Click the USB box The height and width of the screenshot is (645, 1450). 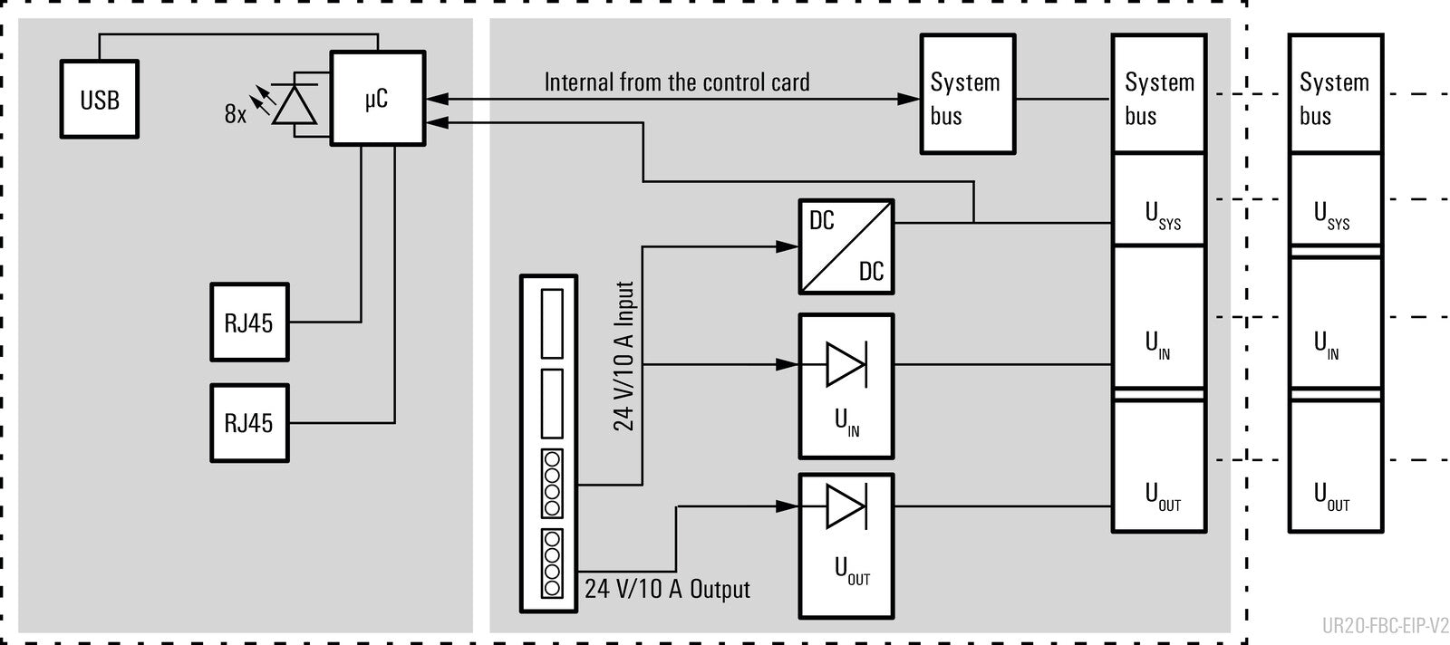(100, 99)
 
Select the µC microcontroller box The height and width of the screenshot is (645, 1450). (377, 99)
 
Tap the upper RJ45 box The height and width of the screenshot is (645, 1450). (250, 322)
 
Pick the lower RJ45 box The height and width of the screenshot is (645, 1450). (250, 423)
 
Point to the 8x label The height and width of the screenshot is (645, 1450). (236, 114)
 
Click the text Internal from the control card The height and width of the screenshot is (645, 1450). (676, 82)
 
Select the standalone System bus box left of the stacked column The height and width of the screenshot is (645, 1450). (968, 94)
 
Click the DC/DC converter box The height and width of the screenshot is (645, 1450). (846, 246)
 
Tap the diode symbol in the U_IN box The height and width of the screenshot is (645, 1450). (846, 365)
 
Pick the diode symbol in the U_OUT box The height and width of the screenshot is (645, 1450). (846, 505)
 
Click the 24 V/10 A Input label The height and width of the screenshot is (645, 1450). (624, 356)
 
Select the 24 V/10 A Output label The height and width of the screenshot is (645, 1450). (667, 590)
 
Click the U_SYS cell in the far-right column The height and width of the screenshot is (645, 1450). (1336, 199)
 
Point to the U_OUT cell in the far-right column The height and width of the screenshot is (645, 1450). (1336, 466)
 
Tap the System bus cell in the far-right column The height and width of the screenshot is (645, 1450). (1336, 94)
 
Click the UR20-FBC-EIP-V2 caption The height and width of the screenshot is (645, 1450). (1386, 626)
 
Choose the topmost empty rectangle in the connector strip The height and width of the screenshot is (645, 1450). (552, 323)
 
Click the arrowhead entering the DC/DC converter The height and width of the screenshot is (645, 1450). (787, 246)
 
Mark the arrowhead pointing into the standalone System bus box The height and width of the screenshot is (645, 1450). (908, 99)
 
